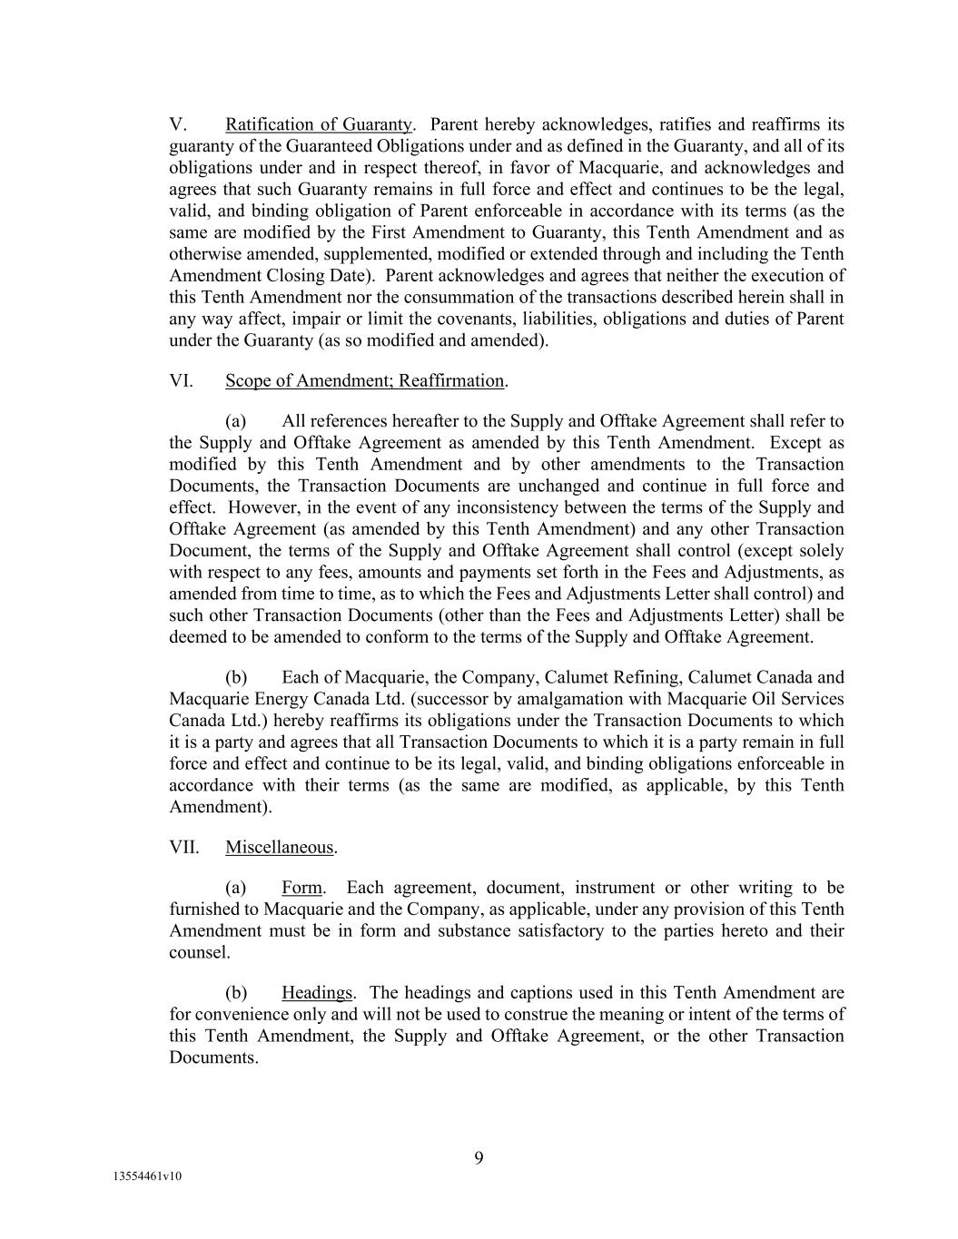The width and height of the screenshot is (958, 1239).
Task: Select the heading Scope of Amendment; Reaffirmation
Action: click(x=364, y=381)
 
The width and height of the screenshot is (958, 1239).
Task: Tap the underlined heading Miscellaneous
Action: click(x=280, y=848)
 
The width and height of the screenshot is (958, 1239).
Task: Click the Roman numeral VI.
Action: click(x=181, y=381)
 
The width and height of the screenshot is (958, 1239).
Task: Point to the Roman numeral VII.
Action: click(x=184, y=848)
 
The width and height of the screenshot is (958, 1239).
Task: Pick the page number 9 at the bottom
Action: click(x=479, y=1157)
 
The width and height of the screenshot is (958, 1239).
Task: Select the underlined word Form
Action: click(x=302, y=888)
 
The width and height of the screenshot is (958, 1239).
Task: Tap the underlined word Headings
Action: click(x=316, y=993)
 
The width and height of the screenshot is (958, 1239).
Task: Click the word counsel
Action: click(x=199, y=953)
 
